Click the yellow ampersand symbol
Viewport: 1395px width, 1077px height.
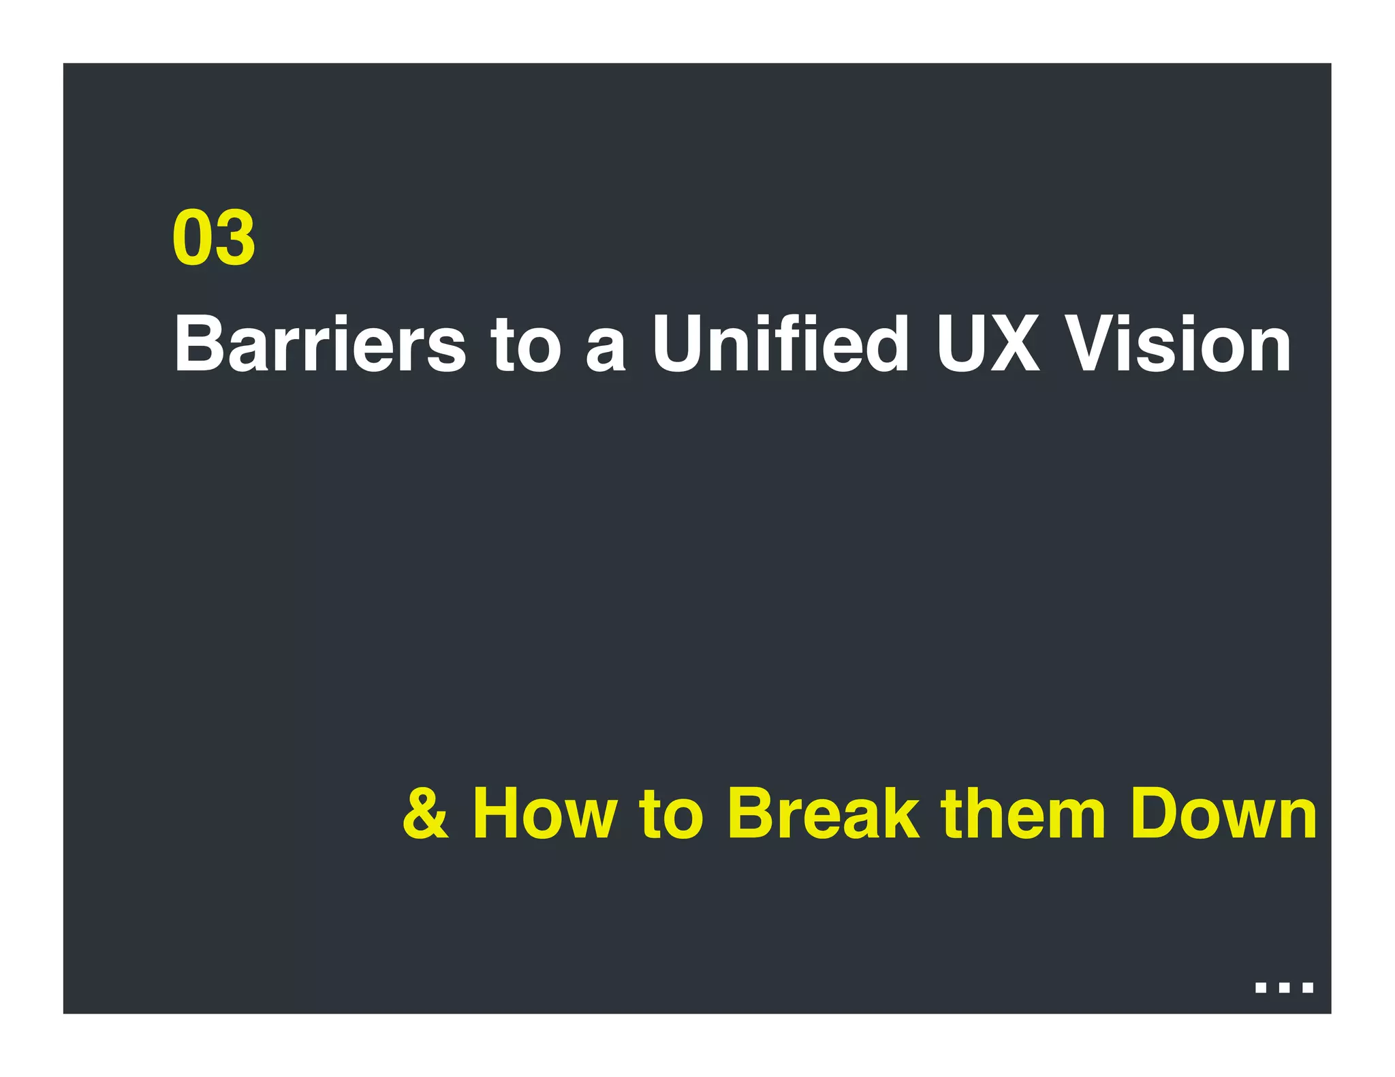click(x=426, y=814)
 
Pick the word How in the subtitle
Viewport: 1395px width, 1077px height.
click(x=545, y=814)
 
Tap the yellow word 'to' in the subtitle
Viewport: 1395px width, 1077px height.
click(x=670, y=814)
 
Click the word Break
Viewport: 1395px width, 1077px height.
click(x=823, y=814)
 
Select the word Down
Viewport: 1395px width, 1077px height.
click(x=1223, y=814)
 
